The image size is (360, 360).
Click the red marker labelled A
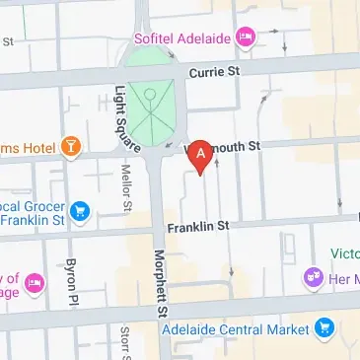click(x=202, y=156)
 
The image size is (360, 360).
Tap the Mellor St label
click(x=126, y=188)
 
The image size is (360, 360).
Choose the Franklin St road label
click(x=197, y=226)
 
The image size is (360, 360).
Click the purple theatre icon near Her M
click(x=315, y=278)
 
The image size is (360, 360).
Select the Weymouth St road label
click(x=231, y=144)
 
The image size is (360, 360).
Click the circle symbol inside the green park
click(x=149, y=95)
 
